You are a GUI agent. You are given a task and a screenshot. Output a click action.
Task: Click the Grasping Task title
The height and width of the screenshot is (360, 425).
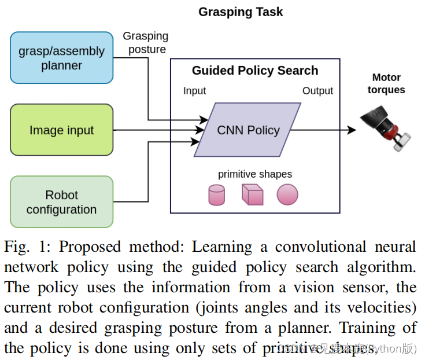[241, 12]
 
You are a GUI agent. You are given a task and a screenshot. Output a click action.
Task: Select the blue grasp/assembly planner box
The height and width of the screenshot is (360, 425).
[61, 58]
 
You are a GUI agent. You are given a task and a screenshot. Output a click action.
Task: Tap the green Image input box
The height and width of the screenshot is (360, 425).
[61, 130]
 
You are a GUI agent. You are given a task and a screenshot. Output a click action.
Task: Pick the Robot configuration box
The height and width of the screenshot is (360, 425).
[61, 202]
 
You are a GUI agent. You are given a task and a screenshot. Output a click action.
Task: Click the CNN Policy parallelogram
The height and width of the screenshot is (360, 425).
[248, 130]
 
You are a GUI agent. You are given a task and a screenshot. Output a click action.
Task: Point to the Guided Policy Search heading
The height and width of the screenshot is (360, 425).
[255, 71]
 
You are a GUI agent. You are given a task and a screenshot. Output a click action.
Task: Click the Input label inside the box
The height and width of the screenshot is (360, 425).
[194, 91]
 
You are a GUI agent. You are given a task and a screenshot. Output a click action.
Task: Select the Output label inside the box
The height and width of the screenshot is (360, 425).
[317, 91]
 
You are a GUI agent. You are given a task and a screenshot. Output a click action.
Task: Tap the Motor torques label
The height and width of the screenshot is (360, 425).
[386, 83]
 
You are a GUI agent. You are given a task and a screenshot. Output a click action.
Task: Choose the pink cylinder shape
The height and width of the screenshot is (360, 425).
[216, 195]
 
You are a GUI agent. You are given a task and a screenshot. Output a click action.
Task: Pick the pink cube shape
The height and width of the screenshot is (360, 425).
[252, 194]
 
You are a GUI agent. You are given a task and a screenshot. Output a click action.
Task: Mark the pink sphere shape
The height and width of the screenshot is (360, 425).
[287, 194]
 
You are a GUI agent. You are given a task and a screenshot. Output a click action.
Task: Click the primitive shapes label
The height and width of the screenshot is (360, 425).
[254, 174]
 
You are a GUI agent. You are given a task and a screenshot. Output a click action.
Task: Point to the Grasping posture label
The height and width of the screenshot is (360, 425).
[146, 43]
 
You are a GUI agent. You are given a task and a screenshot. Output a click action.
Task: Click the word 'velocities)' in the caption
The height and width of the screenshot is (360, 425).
[383, 308]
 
